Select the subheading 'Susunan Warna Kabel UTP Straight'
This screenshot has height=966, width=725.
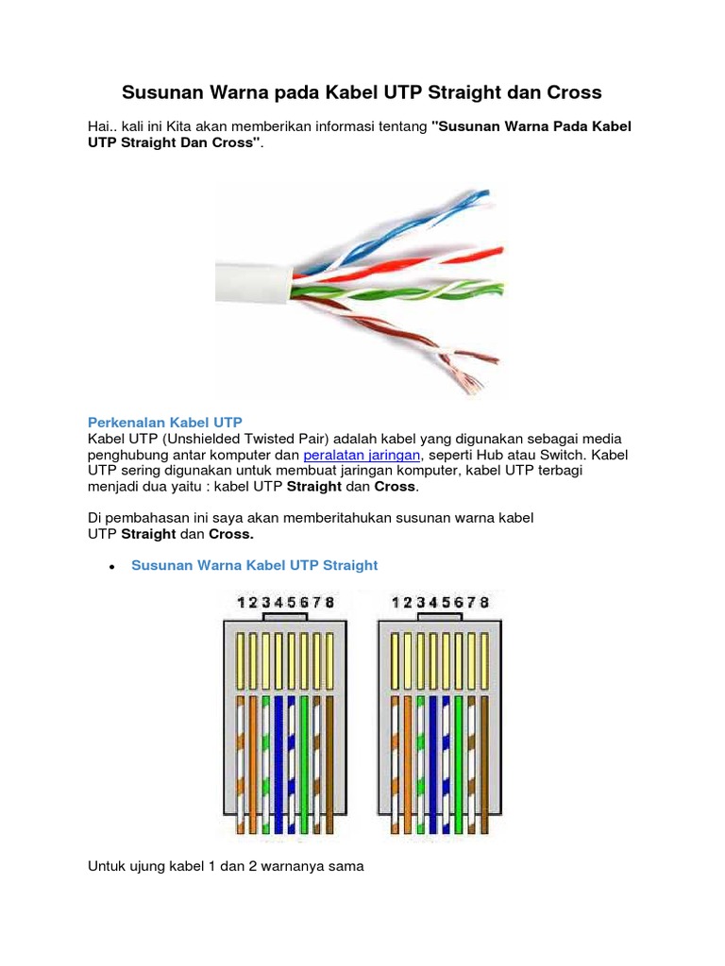254,565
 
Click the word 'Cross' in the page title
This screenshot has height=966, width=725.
570,92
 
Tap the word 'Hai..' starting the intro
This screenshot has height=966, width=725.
101,126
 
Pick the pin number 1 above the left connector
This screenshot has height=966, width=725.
242,602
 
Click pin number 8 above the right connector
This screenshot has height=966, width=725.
485,602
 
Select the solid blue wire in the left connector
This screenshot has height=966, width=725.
292,755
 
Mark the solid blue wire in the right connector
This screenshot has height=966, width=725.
434,755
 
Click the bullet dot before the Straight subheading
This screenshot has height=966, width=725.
113,567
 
